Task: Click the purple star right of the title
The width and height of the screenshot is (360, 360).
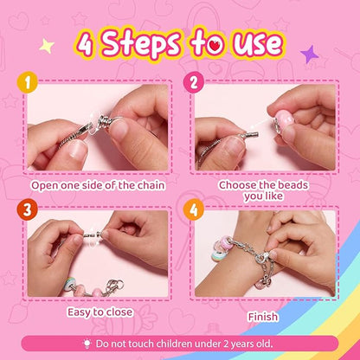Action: pyautogui.click(x=309, y=54)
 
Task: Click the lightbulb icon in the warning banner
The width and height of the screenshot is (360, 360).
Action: pyautogui.click(x=89, y=342)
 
